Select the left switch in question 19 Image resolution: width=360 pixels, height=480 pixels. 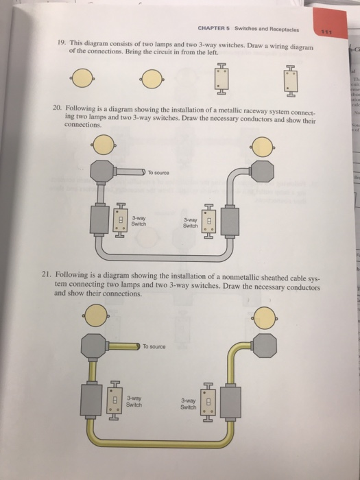[220, 79]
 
